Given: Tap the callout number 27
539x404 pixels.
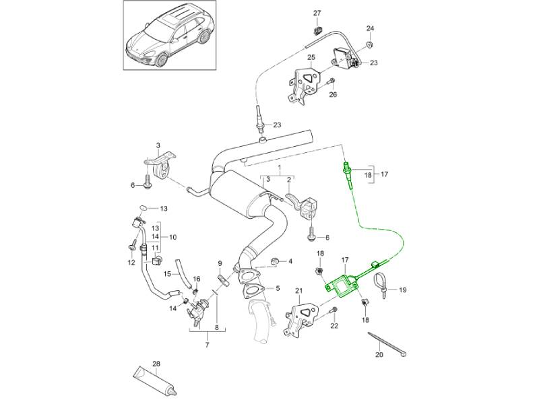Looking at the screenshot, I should tap(317, 13).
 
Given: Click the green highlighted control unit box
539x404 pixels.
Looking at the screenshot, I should tap(344, 283).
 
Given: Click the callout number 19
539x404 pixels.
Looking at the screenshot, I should tap(403, 291).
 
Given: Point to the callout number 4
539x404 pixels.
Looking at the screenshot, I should tap(290, 261).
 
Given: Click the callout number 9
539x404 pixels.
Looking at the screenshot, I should tap(220, 263).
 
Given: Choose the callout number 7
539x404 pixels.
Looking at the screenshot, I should tap(208, 345).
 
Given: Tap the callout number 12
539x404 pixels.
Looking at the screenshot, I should tap(130, 262).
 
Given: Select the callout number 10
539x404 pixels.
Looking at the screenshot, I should tap(173, 237).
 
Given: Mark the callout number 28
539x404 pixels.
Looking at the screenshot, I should tap(156, 364).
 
